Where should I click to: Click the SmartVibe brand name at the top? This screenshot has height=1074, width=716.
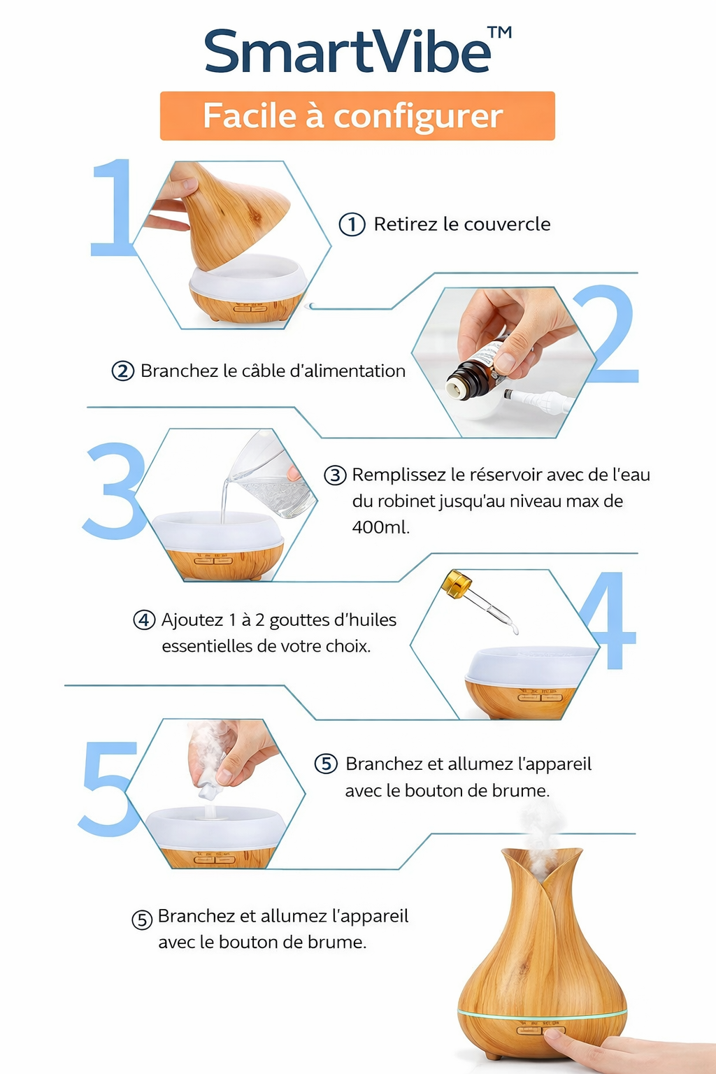(x=348, y=52)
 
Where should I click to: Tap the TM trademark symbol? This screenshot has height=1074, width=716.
(x=499, y=33)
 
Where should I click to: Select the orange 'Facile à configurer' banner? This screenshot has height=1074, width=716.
(x=357, y=116)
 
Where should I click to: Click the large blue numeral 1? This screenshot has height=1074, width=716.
(x=113, y=208)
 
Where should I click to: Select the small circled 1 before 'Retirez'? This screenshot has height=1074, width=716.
(x=352, y=224)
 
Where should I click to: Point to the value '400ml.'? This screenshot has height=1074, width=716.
(x=380, y=527)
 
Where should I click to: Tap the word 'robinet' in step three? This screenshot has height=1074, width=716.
(x=406, y=501)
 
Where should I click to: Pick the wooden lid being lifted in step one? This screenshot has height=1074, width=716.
(x=234, y=213)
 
